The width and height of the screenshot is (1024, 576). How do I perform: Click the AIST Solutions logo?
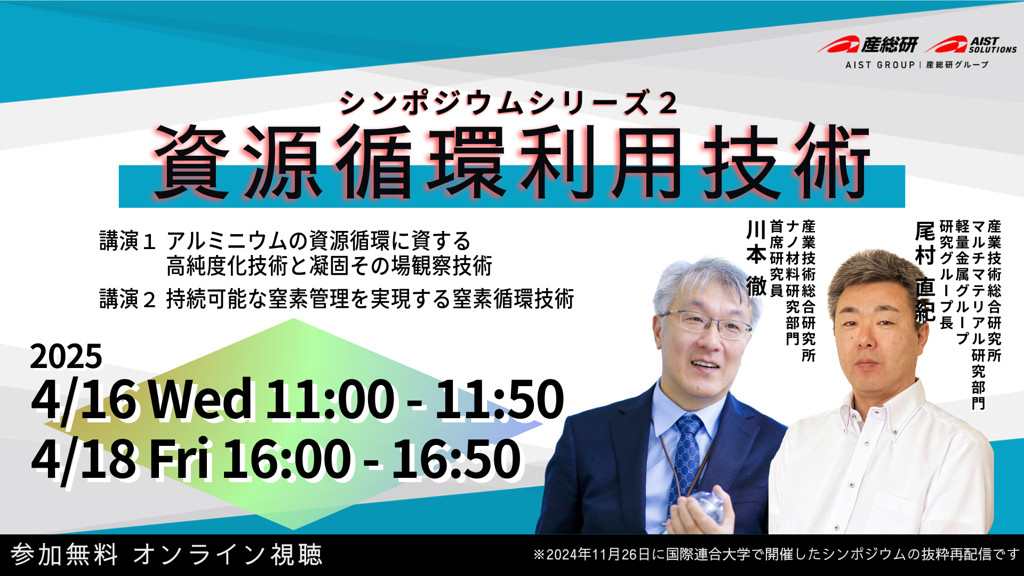[971, 45]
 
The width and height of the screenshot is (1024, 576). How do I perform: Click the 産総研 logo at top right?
[868, 45]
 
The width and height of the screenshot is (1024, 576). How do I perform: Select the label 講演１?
[127, 241]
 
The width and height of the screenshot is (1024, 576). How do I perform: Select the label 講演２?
[127, 299]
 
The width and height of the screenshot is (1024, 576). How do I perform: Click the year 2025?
[66, 356]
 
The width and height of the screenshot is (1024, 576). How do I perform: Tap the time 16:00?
[287, 458]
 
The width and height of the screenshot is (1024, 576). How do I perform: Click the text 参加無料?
[64, 555]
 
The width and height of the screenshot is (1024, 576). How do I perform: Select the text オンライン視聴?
[228, 555]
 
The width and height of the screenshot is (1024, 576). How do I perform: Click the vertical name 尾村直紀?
[925, 272]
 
